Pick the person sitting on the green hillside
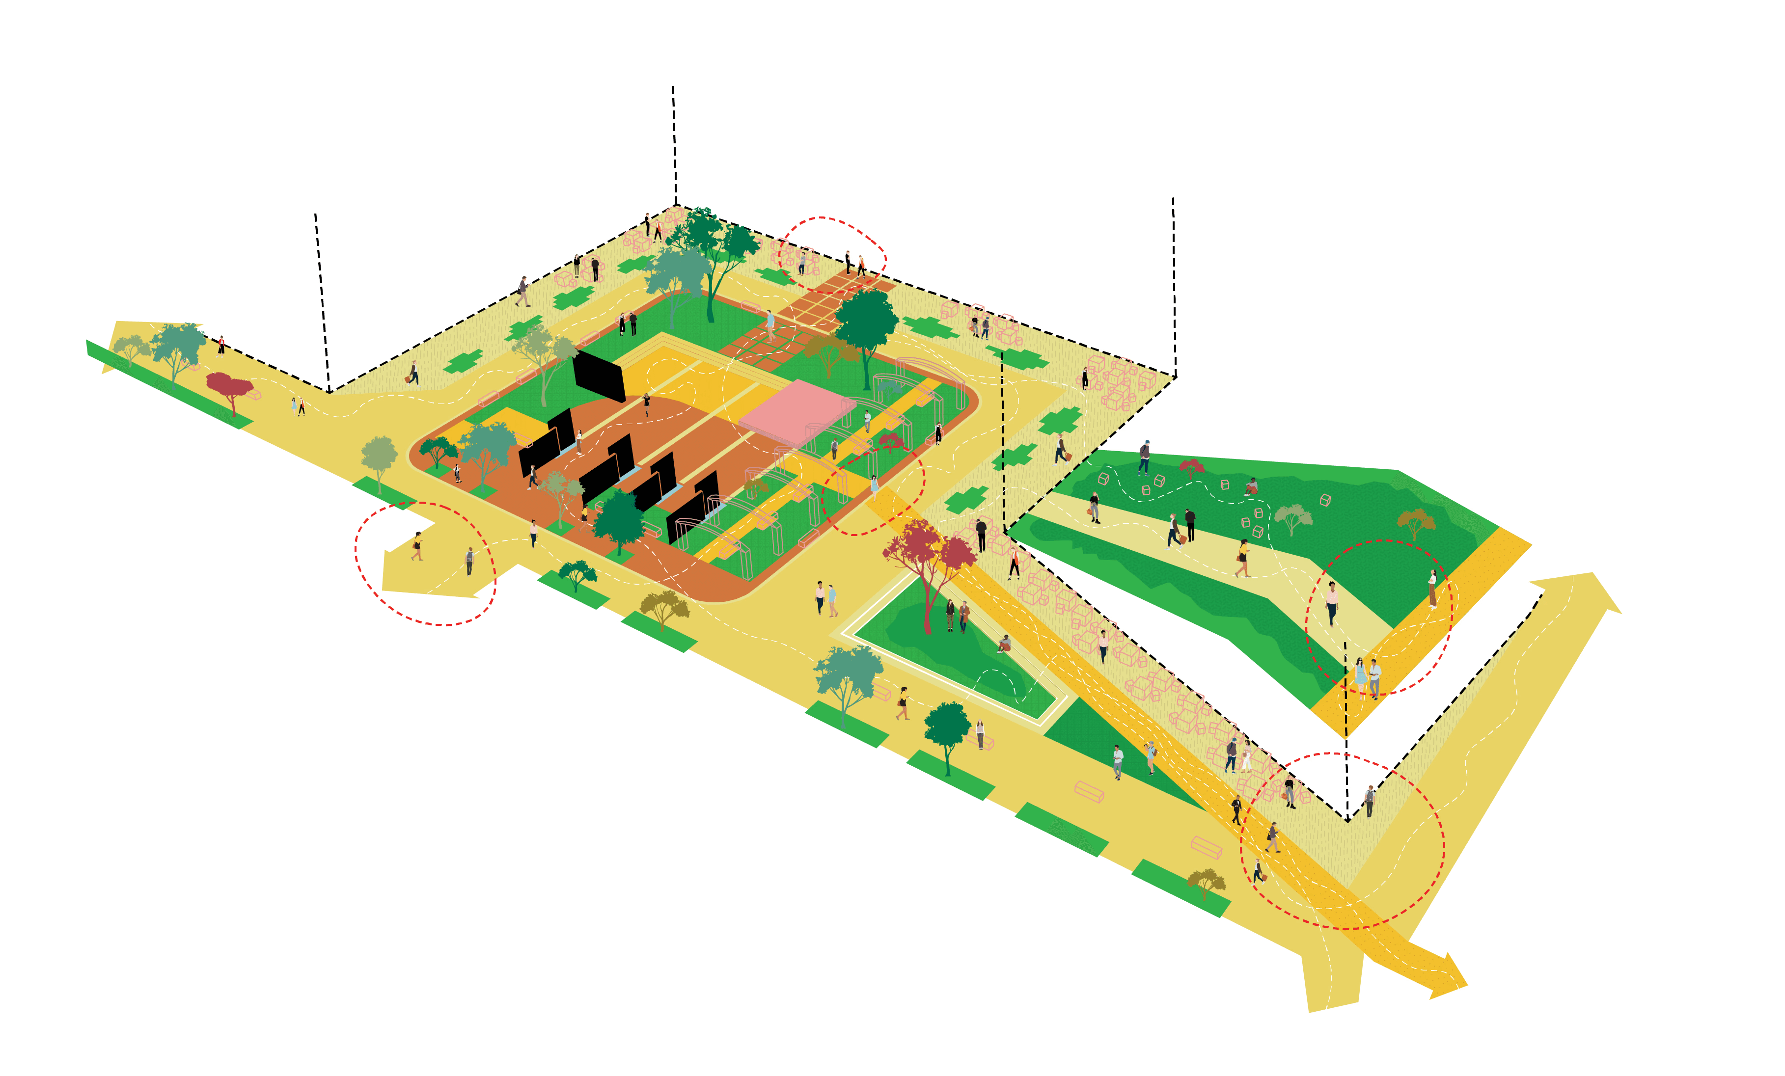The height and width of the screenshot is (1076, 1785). (x=1252, y=486)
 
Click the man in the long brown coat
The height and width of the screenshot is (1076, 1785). (x=964, y=616)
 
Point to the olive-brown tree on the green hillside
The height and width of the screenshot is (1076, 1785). (x=1416, y=519)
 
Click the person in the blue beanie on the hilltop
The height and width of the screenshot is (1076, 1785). (x=1145, y=456)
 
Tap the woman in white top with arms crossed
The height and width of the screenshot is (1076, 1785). (x=1432, y=587)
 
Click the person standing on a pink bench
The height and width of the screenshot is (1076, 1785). (x=980, y=733)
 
